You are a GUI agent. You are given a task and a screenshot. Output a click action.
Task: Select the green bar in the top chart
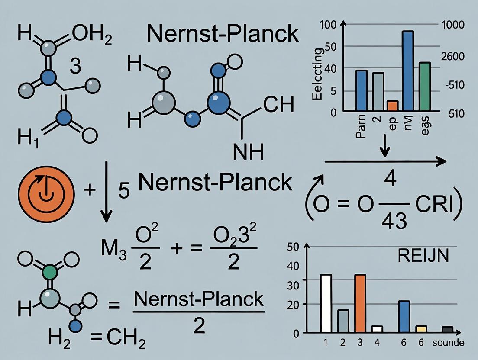click(425, 87)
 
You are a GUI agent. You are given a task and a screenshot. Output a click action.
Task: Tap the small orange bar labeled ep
click(392, 106)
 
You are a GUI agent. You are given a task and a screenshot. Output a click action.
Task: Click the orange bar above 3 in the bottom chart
click(360, 303)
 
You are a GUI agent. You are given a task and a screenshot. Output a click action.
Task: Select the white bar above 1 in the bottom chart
click(326, 303)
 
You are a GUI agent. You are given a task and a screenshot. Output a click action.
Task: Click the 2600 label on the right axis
click(451, 57)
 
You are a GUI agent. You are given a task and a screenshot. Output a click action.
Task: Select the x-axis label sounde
click(449, 343)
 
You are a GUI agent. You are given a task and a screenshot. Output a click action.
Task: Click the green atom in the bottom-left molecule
click(51, 272)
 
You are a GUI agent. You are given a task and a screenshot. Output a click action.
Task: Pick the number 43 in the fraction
click(394, 221)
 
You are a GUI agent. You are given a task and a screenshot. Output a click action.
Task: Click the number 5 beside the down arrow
click(124, 191)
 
